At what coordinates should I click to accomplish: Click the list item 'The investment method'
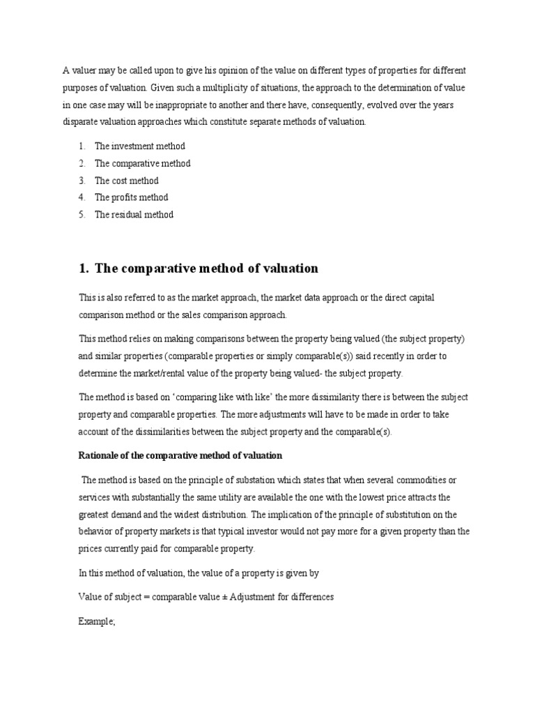pos(139,146)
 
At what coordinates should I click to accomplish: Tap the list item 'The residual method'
pos(134,215)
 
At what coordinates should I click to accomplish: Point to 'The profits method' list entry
pos(131,197)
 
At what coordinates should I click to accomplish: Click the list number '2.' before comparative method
pos(82,163)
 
